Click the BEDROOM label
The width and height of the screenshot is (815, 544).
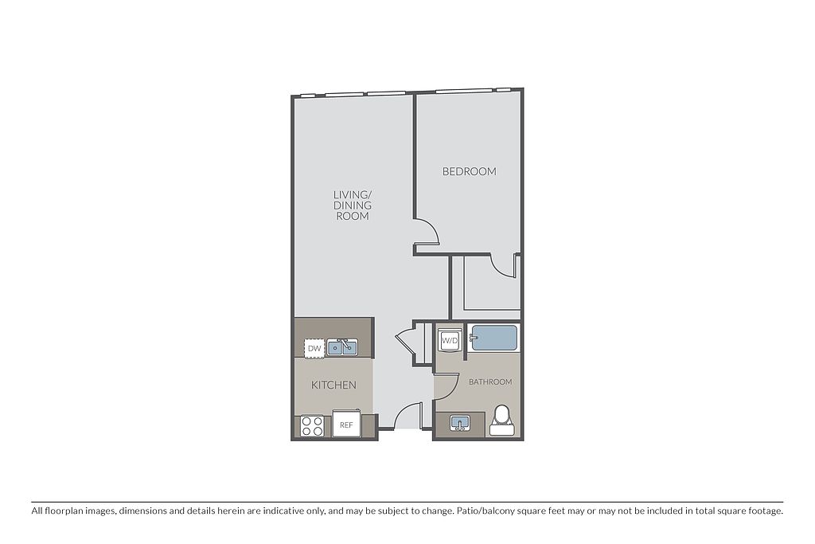pyautogui.click(x=469, y=171)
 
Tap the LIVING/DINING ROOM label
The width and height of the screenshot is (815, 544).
pyautogui.click(x=353, y=205)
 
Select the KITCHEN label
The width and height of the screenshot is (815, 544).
pyautogui.click(x=333, y=385)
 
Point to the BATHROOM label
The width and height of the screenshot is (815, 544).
pyautogui.click(x=490, y=382)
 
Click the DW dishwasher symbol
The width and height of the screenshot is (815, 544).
pyautogui.click(x=314, y=348)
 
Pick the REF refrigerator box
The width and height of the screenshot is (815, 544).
pyautogui.click(x=346, y=425)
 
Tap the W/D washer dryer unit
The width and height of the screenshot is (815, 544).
pyautogui.click(x=450, y=341)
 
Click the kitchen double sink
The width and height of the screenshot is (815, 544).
pyautogui.click(x=342, y=347)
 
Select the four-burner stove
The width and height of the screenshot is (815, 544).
pyautogui.click(x=312, y=426)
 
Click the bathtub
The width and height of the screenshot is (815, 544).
pyautogui.click(x=493, y=338)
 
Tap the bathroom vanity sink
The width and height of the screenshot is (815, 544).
pyautogui.click(x=459, y=423)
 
